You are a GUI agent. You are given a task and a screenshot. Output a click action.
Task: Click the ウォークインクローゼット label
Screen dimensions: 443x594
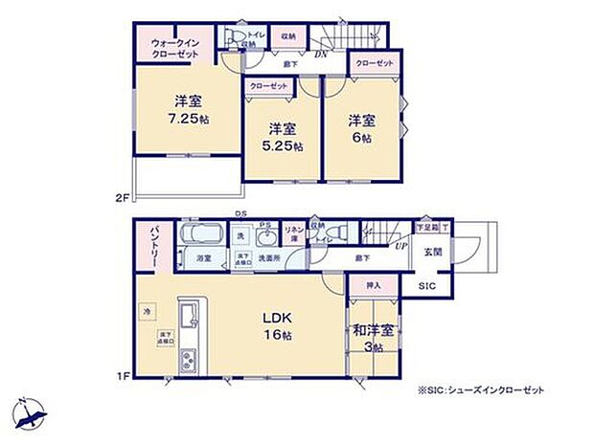click(174, 50)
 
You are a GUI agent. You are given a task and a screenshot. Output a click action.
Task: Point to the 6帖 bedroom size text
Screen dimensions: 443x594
click(361, 138)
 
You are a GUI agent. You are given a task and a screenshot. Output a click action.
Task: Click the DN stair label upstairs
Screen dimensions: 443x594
click(324, 55)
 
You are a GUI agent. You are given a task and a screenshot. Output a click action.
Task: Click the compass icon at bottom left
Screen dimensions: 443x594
click(30, 414)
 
